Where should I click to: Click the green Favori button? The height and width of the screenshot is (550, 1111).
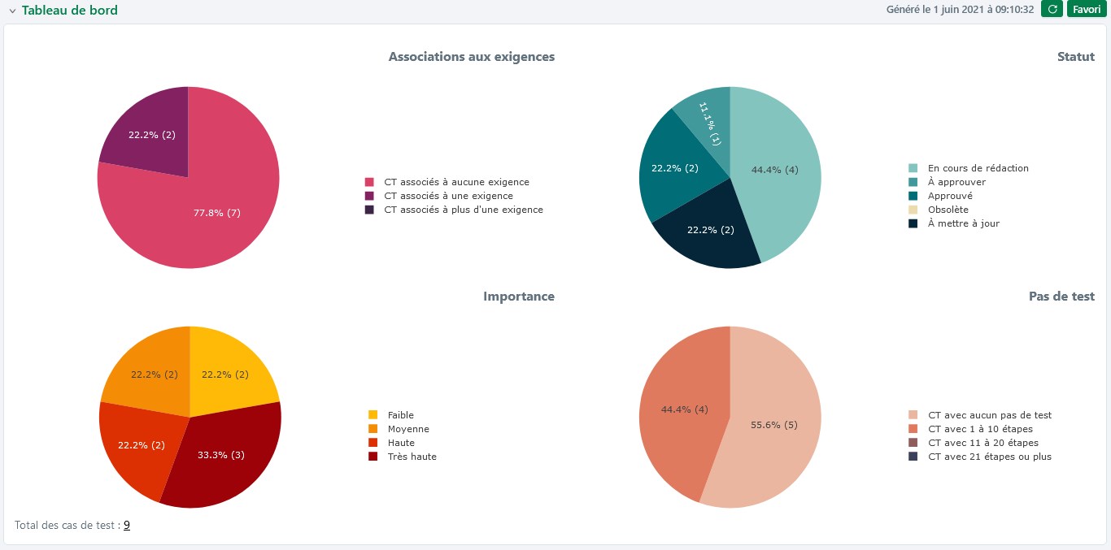tap(1087, 10)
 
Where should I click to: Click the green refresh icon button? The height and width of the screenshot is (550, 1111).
tap(1052, 10)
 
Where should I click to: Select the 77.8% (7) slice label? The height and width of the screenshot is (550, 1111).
tap(216, 213)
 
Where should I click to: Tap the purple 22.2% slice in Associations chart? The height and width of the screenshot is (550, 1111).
tap(151, 135)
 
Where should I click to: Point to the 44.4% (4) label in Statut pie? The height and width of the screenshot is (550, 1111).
tap(774, 171)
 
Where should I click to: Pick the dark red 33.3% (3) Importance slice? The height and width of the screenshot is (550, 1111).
tap(220, 455)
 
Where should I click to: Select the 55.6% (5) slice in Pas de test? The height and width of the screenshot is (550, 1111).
tap(774, 425)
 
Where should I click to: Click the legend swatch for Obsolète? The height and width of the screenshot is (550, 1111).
tap(913, 210)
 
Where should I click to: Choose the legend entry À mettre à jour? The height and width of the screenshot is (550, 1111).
tap(963, 223)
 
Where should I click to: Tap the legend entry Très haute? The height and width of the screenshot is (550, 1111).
tap(412, 457)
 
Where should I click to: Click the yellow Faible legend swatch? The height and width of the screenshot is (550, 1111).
tap(373, 415)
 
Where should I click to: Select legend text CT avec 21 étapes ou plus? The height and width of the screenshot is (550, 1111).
tap(989, 457)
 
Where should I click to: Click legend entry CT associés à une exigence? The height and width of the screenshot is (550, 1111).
tap(448, 196)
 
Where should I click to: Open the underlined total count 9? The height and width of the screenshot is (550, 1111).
tap(127, 526)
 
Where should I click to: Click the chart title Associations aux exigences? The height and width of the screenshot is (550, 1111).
tap(471, 57)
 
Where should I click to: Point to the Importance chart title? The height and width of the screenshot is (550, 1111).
tap(518, 297)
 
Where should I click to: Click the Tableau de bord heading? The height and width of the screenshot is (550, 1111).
tap(69, 11)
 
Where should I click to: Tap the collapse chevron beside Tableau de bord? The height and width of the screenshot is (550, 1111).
tap(12, 11)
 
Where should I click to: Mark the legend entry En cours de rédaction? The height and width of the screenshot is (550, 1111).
tap(978, 168)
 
